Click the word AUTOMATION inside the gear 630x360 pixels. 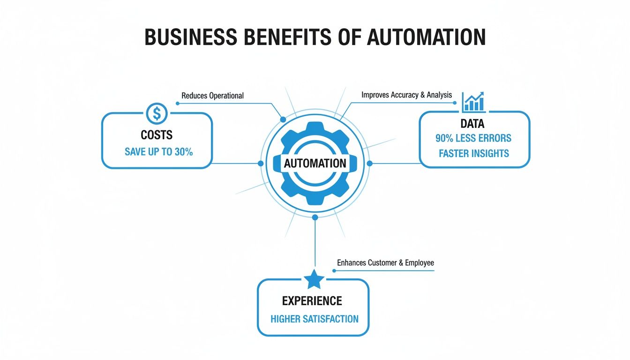tap(315, 164)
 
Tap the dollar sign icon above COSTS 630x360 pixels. tap(157, 113)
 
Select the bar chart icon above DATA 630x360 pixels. tap(473, 102)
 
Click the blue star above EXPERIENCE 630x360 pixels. tap(314, 280)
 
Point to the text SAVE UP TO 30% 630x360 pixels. tap(158, 152)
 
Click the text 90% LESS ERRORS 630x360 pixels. tap(473, 138)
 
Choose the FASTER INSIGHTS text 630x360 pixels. tap(473, 153)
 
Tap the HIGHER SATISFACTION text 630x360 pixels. tap(315, 319)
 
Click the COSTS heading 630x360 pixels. tap(157, 135)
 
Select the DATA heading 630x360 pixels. tap(472, 124)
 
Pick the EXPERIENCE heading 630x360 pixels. tap(312, 300)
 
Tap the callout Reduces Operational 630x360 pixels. tap(212, 96)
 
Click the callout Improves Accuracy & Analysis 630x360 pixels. tap(406, 95)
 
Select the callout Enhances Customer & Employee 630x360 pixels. tap(385, 262)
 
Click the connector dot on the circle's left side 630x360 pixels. tap(261, 163)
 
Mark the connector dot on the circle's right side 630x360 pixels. tap(369, 163)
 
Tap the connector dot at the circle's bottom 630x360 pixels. tap(315, 217)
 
